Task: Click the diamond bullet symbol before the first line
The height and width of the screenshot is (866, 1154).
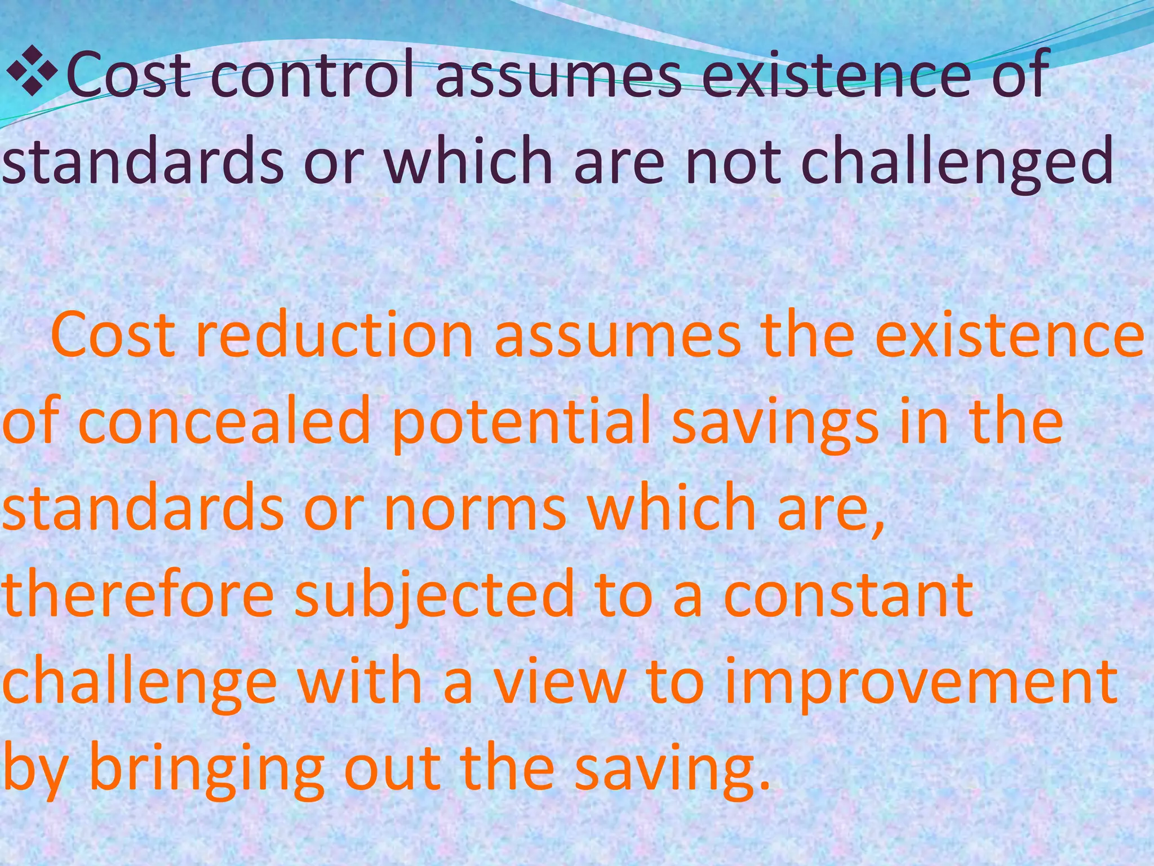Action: pos(30,72)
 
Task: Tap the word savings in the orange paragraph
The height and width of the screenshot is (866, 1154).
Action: pos(775,426)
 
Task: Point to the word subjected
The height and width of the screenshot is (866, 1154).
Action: pos(434,598)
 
